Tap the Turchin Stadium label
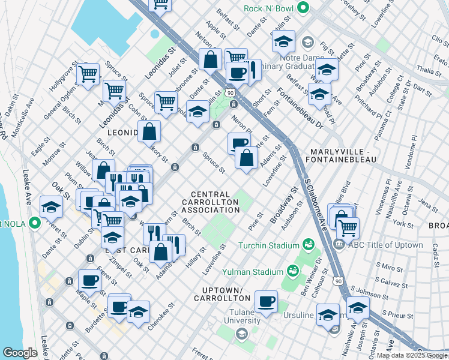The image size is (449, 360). click(x=268, y=245)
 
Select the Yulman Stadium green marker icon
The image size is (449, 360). click(x=293, y=271)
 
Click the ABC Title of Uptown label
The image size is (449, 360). click(x=381, y=245)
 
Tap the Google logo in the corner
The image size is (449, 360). click(x=20, y=353)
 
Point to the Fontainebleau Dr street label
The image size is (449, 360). click(x=300, y=108)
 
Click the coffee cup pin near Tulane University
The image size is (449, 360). click(x=266, y=301)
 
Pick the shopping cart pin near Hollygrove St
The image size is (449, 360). click(x=88, y=74)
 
